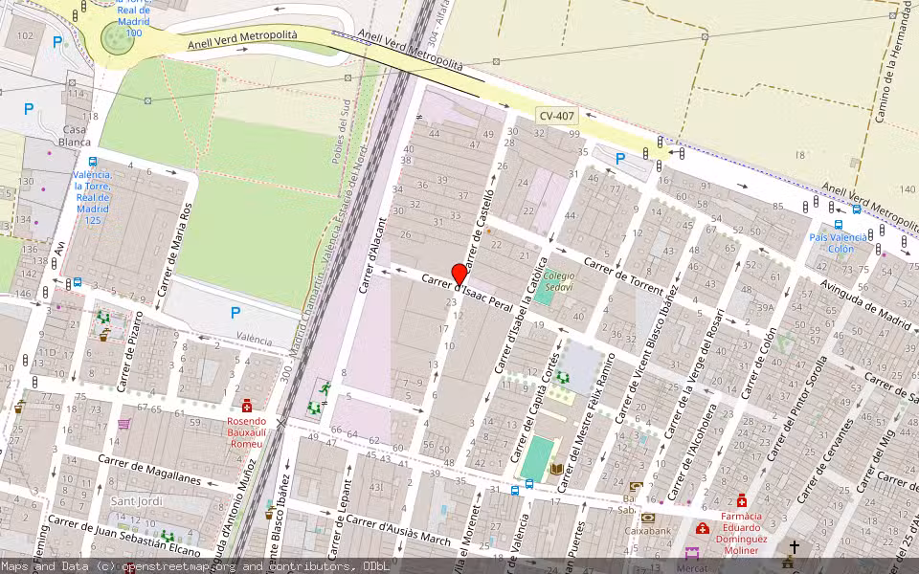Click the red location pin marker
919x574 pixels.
point(459,274)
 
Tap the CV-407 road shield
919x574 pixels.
point(556,117)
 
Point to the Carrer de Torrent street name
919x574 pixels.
point(623,276)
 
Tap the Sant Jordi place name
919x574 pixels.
point(137,501)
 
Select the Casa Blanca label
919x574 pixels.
point(75,135)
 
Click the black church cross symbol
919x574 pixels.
point(794,547)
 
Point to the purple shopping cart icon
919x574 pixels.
point(123,424)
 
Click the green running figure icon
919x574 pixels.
point(325,388)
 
